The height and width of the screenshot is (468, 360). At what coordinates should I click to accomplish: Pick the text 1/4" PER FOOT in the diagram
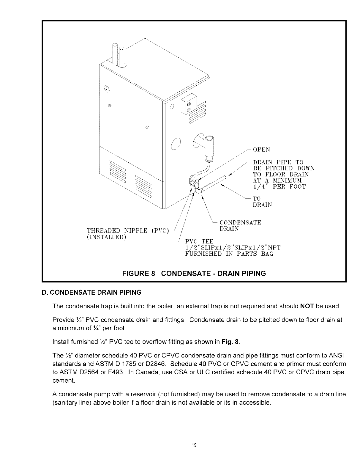279,187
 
